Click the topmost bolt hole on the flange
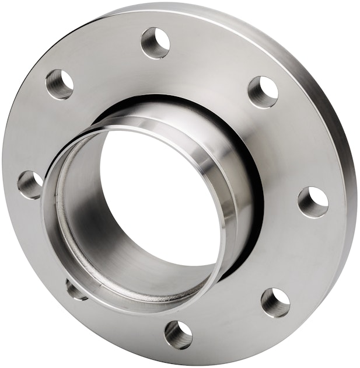coord(156,43)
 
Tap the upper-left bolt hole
coord(60,84)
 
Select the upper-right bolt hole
coord(263,92)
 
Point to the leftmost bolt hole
coord(29,185)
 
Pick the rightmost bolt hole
coord(313,202)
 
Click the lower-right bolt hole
coord(275,302)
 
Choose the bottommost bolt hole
coord(179,335)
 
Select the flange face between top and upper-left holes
coord(105,55)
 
